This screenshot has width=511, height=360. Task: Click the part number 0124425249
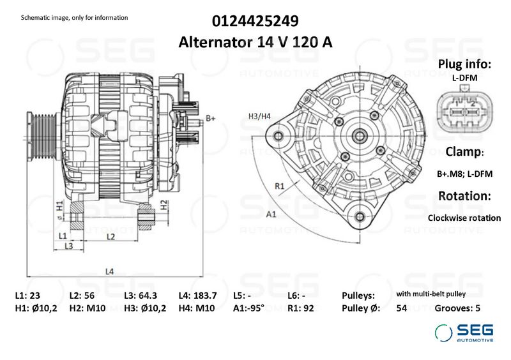(x=255, y=21)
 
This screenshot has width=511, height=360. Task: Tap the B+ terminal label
(x=211, y=118)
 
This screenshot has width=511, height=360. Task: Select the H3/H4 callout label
(x=259, y=116)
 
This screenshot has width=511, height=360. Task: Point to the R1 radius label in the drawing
(x=280, y=186)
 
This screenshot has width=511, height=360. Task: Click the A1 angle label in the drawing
(x=271, y=214)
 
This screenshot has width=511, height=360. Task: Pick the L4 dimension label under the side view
(x=109, y=271)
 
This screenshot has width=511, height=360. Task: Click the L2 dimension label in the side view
(x=111, y=237)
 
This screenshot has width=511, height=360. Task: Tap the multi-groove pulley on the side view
(x=42, y=136)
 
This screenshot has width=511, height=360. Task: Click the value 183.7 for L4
(x=205, y=296)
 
